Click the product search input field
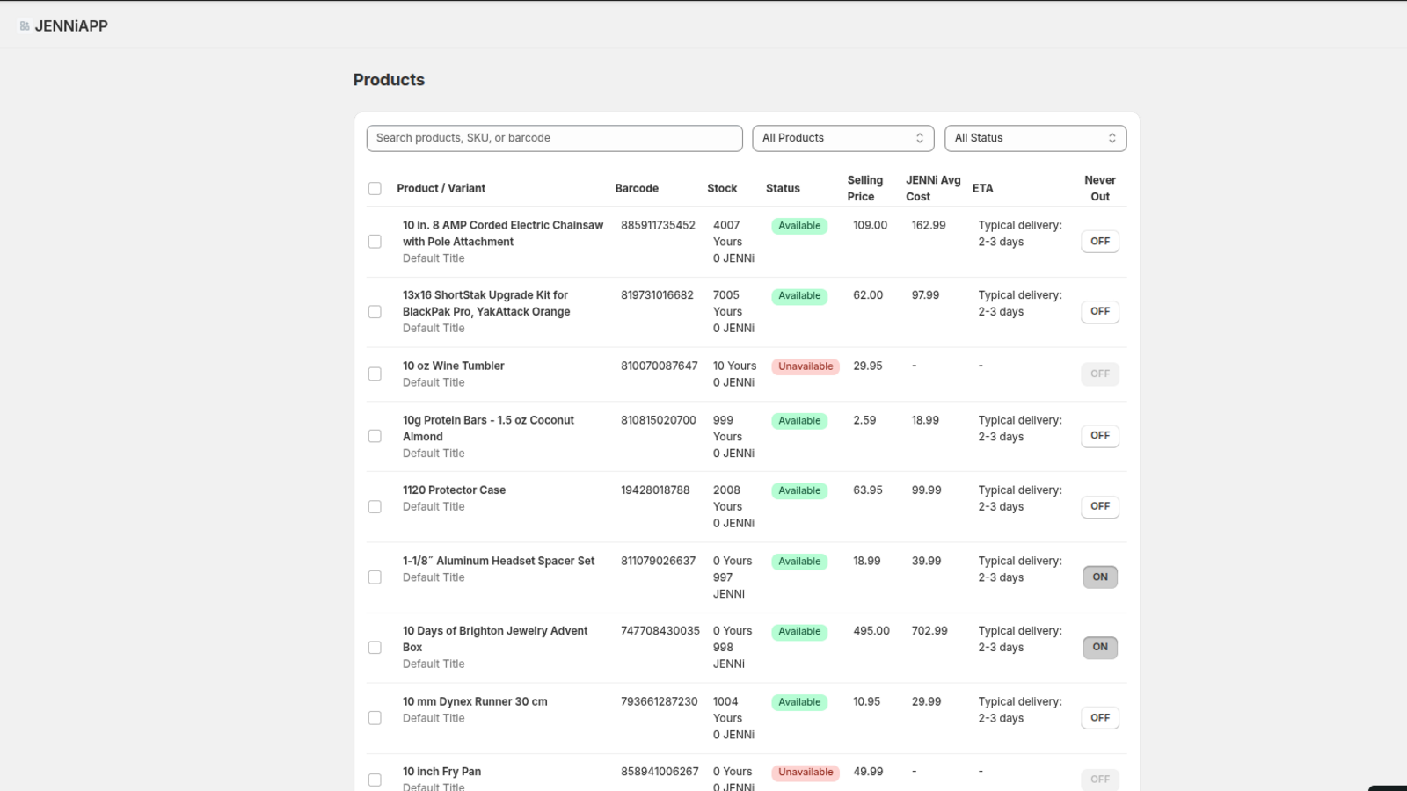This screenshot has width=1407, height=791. coord(554,138)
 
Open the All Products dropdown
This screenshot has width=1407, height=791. coord(842,138)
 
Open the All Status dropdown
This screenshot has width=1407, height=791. coord(1035,138)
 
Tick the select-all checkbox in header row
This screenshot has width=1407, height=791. coord(375,188)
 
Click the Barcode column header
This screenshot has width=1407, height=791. coord(637,188)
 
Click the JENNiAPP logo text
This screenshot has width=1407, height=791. coord(70,26)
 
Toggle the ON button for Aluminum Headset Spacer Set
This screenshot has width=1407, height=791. coord(1099,577)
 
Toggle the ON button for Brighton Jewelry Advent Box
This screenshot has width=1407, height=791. coord(1099,648)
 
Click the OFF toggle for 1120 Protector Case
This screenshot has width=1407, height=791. coord(1099,506)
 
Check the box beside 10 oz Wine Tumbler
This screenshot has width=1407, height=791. coord(375,374)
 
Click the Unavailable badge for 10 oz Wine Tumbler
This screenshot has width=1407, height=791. coord(805,366)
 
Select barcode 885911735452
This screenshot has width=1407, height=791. coord(658,226)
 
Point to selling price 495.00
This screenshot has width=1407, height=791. coord(871,631)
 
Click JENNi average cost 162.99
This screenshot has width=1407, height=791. coord(928,226)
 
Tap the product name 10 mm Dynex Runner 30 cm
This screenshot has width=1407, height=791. coord(475,701)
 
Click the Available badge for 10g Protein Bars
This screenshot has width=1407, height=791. coord(798,421)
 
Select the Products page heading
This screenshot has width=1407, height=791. coord(389,80)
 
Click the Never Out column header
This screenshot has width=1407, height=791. coord(1099,188)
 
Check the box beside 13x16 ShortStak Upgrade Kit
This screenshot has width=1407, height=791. coord(375,312)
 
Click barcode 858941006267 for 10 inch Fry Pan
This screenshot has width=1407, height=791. coord(660,772)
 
